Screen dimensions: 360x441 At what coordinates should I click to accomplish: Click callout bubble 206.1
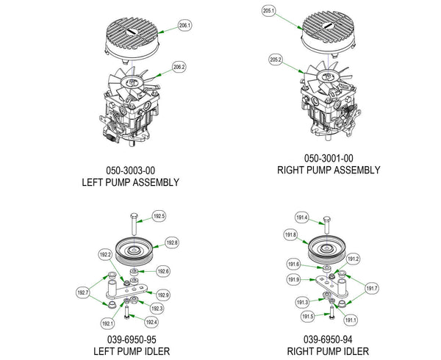[x=184, y=26]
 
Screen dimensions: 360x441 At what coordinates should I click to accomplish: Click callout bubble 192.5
[x=159, y=217]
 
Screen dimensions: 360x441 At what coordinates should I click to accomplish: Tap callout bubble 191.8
[x=290, y=235]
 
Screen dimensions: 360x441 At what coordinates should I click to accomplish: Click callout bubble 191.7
[x=371, y=288]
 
